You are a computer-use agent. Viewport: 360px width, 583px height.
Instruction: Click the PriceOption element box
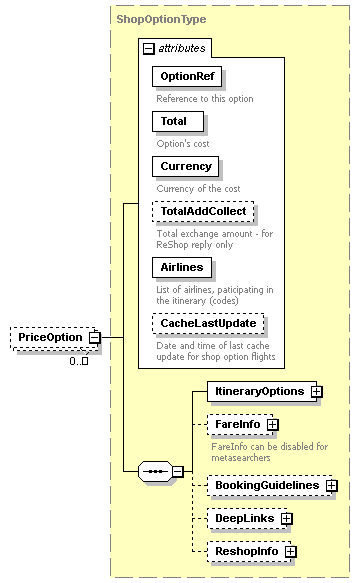tap(49, 337)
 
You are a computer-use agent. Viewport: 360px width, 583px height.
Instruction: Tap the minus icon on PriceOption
tap(94, 338)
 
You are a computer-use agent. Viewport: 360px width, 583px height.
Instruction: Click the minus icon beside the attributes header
tap(149, 48)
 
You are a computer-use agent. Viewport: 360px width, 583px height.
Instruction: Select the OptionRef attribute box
tap(187, 77)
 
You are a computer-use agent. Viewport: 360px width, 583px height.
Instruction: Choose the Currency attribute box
tap(186, 166)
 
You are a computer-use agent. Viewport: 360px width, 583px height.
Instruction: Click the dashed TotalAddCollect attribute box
tap(203, 211)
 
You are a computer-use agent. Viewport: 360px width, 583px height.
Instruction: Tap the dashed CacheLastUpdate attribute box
tap(208, 323)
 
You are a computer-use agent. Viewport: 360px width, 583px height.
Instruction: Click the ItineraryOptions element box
tap(260, 391)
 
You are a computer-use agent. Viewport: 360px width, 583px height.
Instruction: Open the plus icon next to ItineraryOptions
tap(316, 391)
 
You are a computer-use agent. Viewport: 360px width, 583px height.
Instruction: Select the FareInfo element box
tap(237, 425)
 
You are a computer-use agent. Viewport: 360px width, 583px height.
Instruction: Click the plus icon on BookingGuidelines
tap(331, 485)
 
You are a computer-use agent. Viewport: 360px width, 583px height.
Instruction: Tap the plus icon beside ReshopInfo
tap(291, 551)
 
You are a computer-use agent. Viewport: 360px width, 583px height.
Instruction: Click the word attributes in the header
tap(182, 48)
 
